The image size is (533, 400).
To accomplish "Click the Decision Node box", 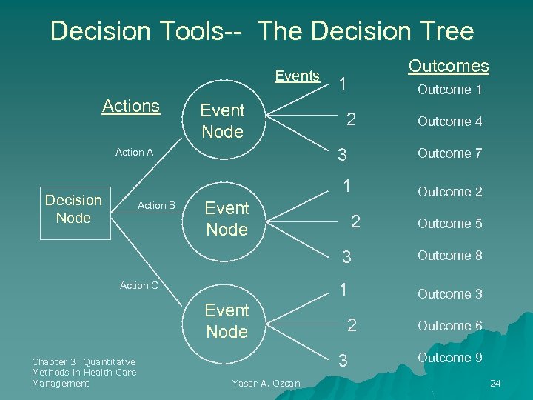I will pos(74,209).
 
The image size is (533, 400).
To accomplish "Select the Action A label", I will pos(134,153).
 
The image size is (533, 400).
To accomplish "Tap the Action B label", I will pos(157,205).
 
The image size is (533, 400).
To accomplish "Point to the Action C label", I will pos(139,285).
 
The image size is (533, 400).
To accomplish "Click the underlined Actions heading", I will pos(131,106).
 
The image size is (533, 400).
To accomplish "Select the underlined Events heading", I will pos(297,76).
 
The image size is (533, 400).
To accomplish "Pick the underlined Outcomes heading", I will pos(449,66).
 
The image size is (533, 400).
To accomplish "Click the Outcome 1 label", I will pos(449,90).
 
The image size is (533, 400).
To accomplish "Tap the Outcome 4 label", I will pos(449,121).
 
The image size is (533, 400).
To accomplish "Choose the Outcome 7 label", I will pos(449,153).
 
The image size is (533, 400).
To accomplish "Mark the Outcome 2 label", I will pos(449,192).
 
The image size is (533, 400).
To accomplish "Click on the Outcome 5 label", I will pos(449,224).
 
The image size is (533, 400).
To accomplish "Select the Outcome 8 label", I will pos(449,256).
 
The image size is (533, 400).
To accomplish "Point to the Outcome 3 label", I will pos(449,294).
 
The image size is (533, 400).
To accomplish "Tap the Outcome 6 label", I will pos(449,326).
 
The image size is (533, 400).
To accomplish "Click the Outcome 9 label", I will pos(449,358).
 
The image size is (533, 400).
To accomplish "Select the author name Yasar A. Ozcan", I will pos(266,383).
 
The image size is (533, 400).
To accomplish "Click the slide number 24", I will pos(495,383).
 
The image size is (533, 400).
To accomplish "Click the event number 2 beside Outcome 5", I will pos(355,221).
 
